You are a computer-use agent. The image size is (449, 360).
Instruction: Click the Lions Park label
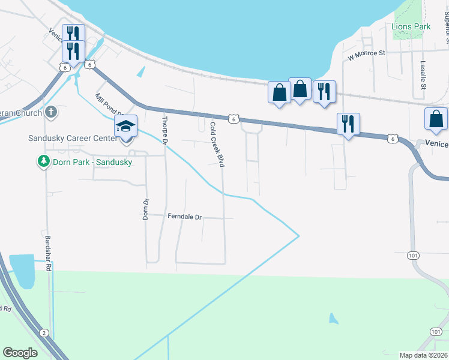point(411,26)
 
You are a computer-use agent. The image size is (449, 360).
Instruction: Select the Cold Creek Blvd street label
point(217,145)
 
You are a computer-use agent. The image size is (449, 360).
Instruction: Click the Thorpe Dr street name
point(163,128)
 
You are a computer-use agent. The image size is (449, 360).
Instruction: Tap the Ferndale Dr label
point(185,217)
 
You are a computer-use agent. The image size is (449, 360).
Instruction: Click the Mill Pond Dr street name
point(108,104)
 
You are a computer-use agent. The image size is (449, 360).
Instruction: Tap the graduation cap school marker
point(126,127)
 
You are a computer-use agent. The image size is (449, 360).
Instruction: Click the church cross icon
point(52,112)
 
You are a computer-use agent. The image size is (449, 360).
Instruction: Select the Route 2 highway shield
point(43,332)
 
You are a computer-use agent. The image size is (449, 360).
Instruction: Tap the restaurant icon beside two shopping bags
point(324,91)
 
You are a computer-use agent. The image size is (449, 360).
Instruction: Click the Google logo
point(20,353)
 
